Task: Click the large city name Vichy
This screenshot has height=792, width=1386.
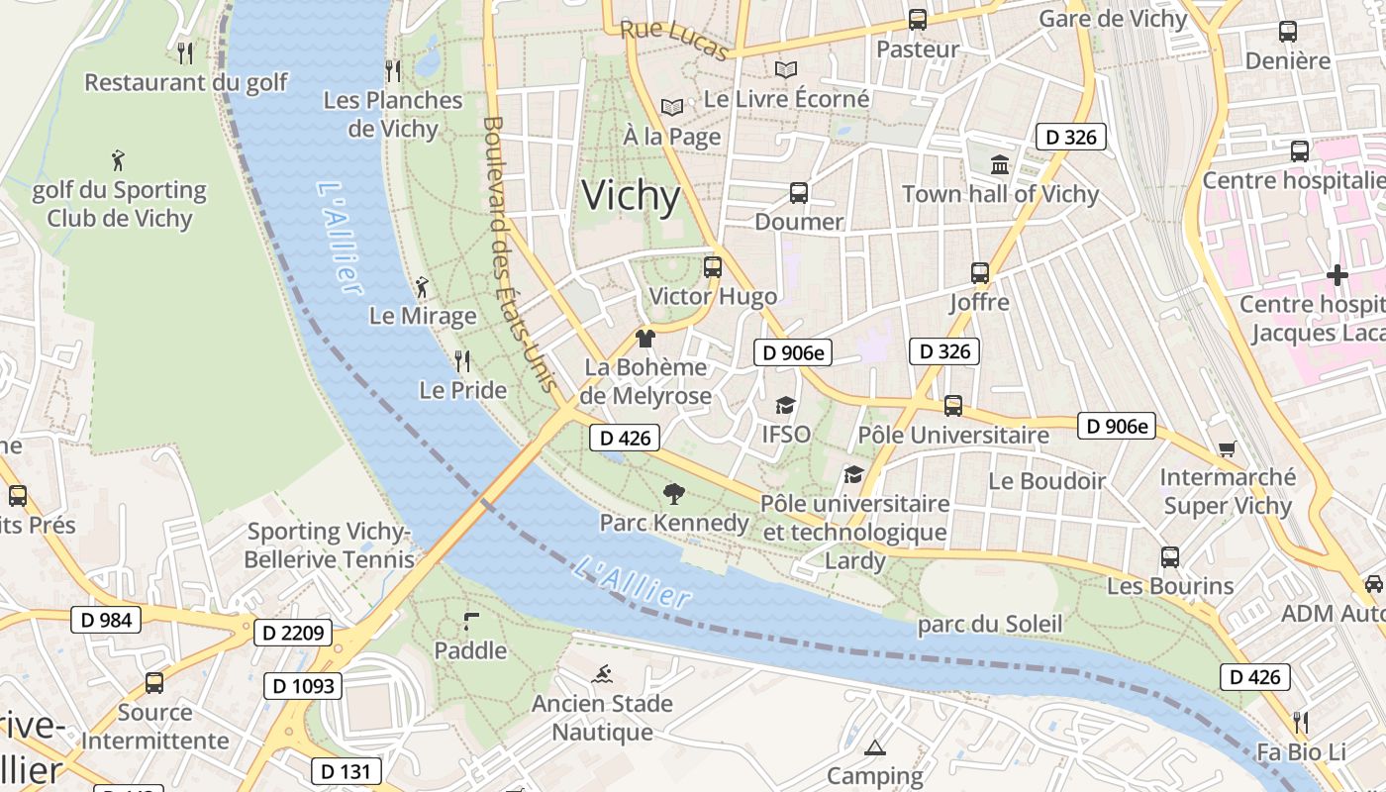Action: (x=631, y=196)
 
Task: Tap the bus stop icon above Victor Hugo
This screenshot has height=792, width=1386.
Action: (x=712, y=266)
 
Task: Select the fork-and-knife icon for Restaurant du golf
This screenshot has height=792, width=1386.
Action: (x=185, y=52)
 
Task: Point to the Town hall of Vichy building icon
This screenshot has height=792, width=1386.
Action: (x=1000, y=164)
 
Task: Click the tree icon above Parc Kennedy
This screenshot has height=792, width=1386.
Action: (x=674, y=493)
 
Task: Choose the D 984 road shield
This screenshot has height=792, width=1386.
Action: (x=106, y=621)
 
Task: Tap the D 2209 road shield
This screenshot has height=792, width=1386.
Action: (x=292, y=633)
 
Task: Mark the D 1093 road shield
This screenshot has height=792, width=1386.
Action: (x=303, y=685)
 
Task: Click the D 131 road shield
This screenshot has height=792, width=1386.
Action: (x=346, y=771)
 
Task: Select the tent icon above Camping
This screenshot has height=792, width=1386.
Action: (x=874, y=747)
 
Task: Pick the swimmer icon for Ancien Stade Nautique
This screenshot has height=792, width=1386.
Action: (x=602, y=675)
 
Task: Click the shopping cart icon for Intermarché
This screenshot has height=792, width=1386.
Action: (x=1228, y=448)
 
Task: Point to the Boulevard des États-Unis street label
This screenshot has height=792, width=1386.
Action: (x=519, y=254)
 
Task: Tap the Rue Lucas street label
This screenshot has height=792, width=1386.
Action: (x=673, y=40)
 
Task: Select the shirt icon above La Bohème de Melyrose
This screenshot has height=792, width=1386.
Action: (x=645, y=338)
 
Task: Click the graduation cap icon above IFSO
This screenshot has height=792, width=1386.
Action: (x=786, y=405)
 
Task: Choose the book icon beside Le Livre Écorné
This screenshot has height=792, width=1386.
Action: (x=786, y=70)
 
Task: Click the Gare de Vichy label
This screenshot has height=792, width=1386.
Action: (x=1113, y=18)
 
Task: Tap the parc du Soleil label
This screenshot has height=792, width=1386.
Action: (x=990, y=624)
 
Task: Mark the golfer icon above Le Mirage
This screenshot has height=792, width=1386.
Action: (x=423, y=287)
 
